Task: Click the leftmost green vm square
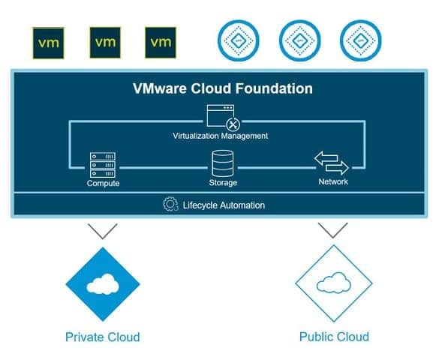[48, 43]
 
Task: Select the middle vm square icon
[105, 43]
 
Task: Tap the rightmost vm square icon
[161, 43]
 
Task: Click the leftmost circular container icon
[239, 40]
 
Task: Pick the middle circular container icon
[300, 40]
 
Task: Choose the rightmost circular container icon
[361, 40]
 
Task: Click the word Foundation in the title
[274, 88]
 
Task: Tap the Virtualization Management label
[221, 136]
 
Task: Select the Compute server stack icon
[103, 165]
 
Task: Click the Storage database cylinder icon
[223, 163]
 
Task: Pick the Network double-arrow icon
[332, 163]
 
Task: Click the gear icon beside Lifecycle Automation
[170, 204]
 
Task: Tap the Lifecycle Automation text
[224, 205]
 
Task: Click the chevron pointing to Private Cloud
[103, 231]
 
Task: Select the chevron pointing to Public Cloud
[333, 230]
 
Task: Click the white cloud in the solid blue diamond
[103, 284]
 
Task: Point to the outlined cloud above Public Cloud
[333, 283]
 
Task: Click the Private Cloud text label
[103, 337]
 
